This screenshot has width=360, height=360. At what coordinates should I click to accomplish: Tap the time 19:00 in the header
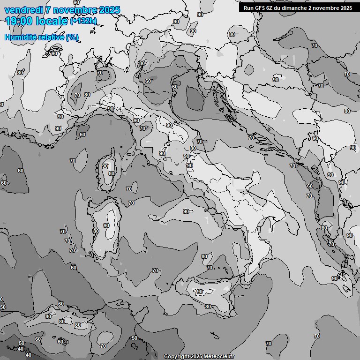[x=18, y=21]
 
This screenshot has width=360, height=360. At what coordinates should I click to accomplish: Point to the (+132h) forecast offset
[x=83, y=21]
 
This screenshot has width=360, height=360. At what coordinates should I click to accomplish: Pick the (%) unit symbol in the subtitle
[x=72, y=37]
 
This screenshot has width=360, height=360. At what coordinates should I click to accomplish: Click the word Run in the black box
[x=248, y=8]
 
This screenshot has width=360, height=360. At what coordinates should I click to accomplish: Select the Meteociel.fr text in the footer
[x=219, y=356]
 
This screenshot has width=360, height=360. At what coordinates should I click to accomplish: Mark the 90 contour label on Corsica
[x=105, y=166]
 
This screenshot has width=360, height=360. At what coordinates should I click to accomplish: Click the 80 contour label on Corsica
[x=112, y=173]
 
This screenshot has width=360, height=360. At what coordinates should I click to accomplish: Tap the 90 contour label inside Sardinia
[x=106, y=225]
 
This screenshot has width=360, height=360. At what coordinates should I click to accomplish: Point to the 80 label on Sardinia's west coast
[x=96, y=231]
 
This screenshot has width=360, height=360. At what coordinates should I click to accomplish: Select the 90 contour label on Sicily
[x=199, y=292]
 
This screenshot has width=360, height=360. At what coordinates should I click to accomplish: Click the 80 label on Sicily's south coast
[x=208, y=307]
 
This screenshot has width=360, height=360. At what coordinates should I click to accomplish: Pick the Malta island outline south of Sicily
[x=215, y=336]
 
